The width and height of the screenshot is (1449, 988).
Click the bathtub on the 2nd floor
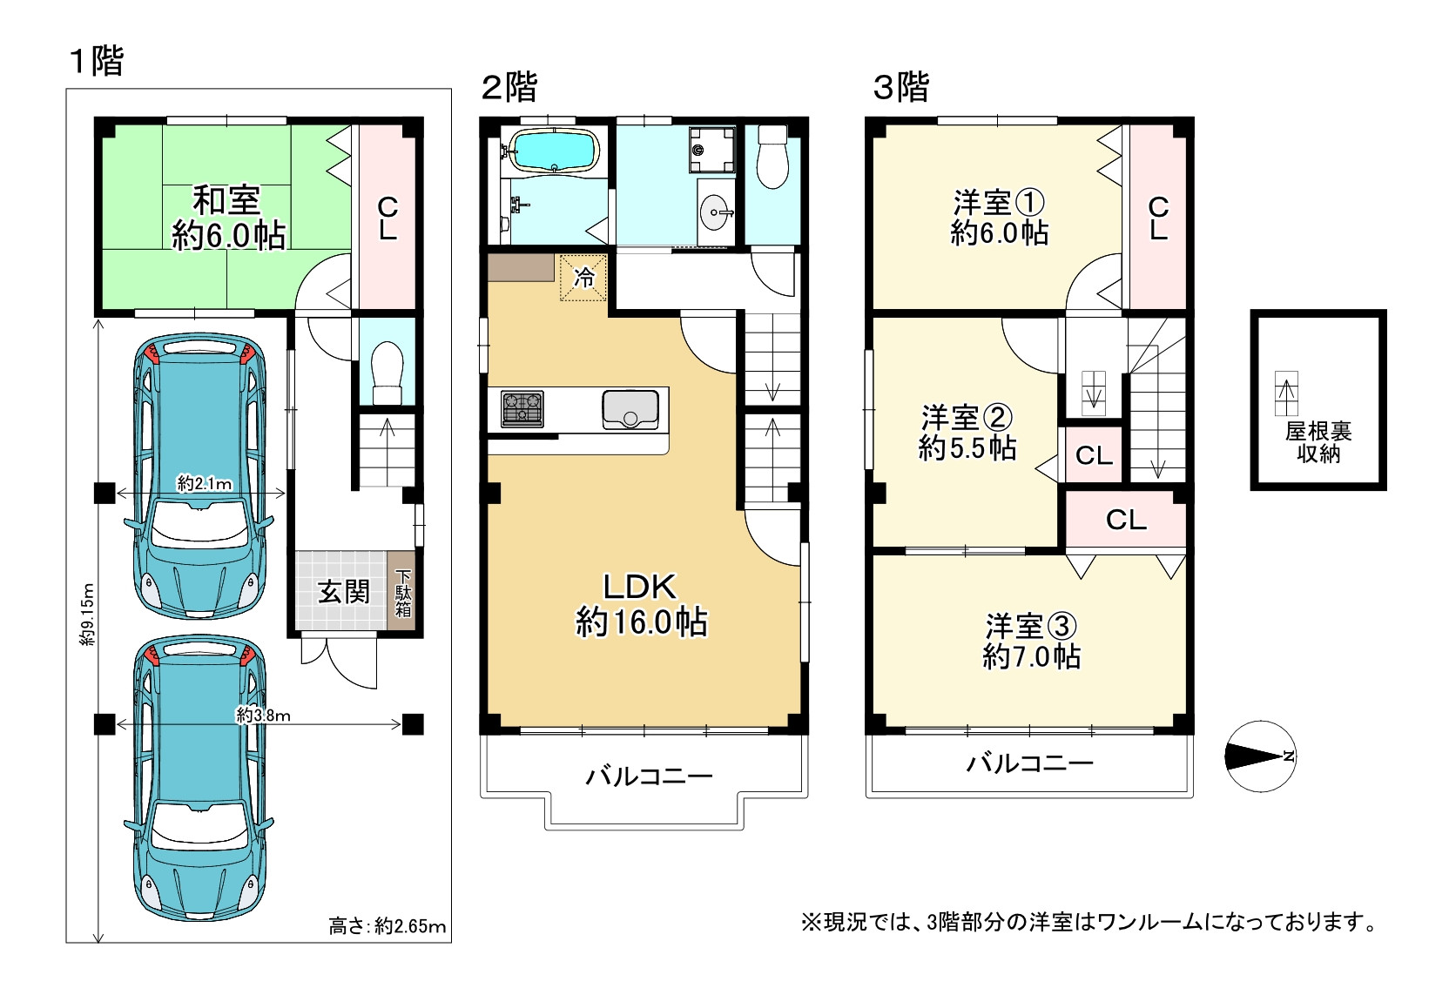tap(553, 151)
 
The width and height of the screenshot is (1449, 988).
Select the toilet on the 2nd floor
tap(772, 158)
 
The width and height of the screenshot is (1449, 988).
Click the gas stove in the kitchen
tap(522, 408)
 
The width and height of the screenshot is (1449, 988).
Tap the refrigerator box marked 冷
tap(583, 278)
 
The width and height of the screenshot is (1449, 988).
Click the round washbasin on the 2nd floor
tap(716, 212)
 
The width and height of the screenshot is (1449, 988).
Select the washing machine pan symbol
tap(711, 150)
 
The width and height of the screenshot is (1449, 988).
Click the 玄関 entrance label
tap(343, 592)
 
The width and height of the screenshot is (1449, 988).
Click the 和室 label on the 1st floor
tap(227, 200)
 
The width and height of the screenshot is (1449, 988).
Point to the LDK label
tap(640, 587)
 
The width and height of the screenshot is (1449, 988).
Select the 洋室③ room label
tap(1031, 626)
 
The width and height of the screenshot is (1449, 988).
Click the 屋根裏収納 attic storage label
tap(1318, 442)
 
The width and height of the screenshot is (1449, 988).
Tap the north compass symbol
tap(1261, 756)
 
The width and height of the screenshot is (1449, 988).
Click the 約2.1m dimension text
tap(205, 483)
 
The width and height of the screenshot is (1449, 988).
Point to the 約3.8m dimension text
tap(263, 716)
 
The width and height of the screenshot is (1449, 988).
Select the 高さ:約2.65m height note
tap(388, 926)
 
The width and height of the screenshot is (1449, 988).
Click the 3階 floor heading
tap(901, 87)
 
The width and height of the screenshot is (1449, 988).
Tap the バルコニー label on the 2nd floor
tap(649, 776)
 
